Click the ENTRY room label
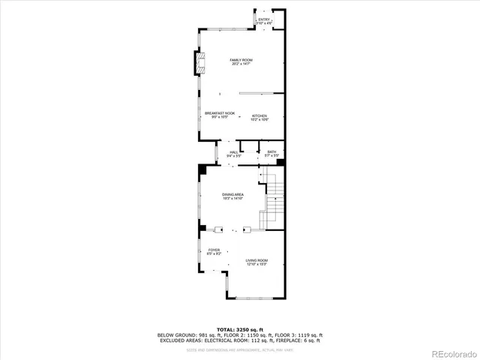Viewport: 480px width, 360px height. click(x=263, y=20)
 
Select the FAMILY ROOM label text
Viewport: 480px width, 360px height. click(x=241, y=59)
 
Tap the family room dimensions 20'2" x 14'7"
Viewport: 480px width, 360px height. click(x=241, y=64)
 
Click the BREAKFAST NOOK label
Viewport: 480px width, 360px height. click(x=220, y=113)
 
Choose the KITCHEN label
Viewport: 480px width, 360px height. click(x=259, y=115)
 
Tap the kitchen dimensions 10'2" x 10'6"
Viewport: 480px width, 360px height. click(x=259, y=119)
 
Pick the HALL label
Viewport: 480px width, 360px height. click(x=234, y=152)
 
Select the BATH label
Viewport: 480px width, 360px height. click(x=271, y=152)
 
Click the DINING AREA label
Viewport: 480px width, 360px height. click(x=233, y=194)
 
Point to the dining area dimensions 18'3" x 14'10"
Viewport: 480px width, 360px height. click(x=233, y=199)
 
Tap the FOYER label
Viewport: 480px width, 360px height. click(x=214, y=250)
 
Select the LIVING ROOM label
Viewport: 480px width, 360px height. click(x=256, y=260)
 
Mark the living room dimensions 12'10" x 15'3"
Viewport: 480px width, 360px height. click(x=256, y=264)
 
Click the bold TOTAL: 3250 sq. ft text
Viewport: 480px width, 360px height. click(x=239, y=329)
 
